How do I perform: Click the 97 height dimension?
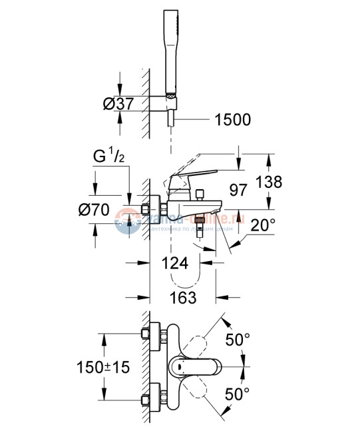[x=238, y=189]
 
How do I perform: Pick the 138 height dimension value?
[x=287, y=181]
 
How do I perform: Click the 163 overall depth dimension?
[x=182, y=297]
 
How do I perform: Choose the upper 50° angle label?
[x=238, y=340]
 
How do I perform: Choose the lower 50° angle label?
[x=238, y=394]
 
